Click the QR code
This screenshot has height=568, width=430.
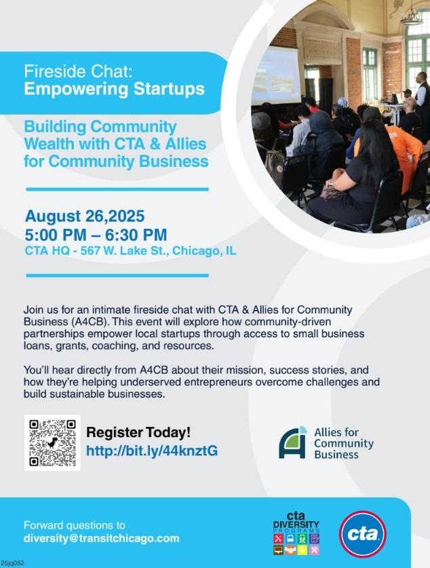(52, 442)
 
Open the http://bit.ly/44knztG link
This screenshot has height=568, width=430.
(152, 451)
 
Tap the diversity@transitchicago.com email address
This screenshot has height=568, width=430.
(101, 538)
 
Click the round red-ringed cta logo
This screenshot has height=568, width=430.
(363, 534)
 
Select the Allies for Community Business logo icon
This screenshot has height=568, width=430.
(293, 442)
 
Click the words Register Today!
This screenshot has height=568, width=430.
(138, 432)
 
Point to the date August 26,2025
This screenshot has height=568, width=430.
(85, 216)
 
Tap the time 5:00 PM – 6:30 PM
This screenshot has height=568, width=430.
(96, 235)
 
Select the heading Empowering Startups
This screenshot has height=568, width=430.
(115, 89)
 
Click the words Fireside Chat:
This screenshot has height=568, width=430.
(79, 71)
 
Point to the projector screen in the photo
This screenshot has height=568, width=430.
(277, 76)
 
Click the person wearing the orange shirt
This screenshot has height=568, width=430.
(402, 152)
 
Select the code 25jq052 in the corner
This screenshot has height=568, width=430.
(12, 563)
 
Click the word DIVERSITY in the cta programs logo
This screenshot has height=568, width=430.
(296, 525)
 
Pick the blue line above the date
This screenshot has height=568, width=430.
(117, 189)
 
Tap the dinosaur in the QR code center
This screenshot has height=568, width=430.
(52, 442)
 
